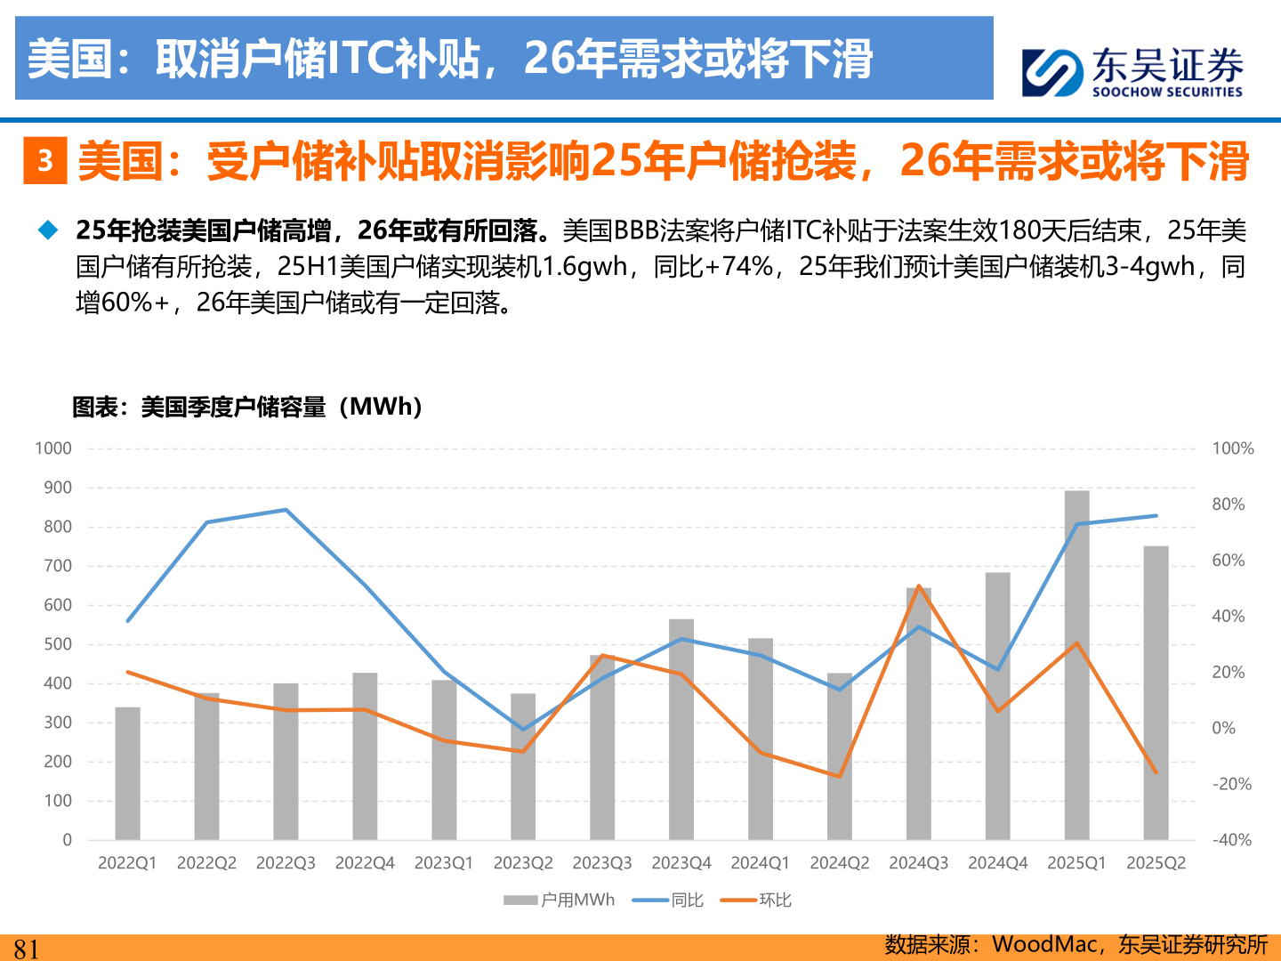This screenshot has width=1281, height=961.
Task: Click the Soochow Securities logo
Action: click(1132, 71)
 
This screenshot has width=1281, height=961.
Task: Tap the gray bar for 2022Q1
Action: click(128, 773)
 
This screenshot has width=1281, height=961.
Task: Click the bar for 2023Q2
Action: click(523, 766)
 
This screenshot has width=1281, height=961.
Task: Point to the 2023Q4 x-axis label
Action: click(681, 863)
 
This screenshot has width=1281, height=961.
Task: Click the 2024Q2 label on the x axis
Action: click(840, 863)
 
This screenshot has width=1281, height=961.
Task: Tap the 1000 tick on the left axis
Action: click(53, 448)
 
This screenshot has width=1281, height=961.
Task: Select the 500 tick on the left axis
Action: click(58, 644)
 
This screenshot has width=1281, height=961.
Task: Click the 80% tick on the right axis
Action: click(1228, 505)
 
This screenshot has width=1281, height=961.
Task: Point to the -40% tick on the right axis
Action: click(1231, 840)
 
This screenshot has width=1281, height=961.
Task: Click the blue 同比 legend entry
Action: click(668, 900)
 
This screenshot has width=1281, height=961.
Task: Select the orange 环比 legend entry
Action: click(756, 900)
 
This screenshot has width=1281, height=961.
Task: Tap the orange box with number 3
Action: click(45, 161)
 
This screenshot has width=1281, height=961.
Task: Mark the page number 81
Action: click(27, 949)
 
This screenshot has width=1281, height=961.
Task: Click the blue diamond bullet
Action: click(47, 230)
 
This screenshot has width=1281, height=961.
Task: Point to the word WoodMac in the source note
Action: click(1043, 944)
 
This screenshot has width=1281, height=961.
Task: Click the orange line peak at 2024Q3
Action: click(918, 586)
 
